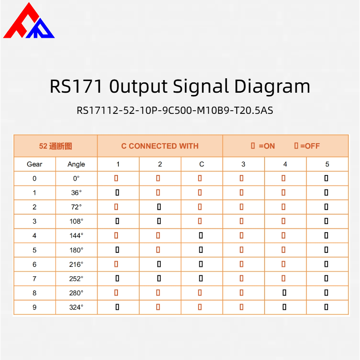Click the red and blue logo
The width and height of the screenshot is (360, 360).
[x=29, y=21]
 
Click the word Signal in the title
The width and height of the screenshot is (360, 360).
[x=201, y=86]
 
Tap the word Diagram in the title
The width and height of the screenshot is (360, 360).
[x=272, y=86]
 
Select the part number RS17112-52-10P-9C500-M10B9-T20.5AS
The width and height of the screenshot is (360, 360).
[x=175, y=110]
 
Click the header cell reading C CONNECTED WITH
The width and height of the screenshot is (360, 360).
[x=160, y=146]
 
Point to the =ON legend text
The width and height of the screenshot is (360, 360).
[x=267, y=146]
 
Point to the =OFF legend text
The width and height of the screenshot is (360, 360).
[x=310, y=146]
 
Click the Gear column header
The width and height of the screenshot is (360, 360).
[x=35, y=164]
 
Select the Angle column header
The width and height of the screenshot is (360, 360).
[x=76, y=164]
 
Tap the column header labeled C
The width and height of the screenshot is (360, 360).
[x=202, y=164]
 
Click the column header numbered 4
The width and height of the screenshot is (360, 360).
[x=285, y=164]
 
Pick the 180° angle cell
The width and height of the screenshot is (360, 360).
[x=76, y=250]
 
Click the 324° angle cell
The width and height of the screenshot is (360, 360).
[x=76, y=307]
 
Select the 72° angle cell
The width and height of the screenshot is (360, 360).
[x=76, y=207]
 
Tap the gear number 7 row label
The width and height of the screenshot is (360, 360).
[x=35, y=279]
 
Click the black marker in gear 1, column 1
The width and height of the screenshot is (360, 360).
[x=117, y=193]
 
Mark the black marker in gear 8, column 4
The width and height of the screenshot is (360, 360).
[x=284, y=293]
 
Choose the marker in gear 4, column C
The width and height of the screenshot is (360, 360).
[x=201, y=235]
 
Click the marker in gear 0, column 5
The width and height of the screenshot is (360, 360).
[x=326, y=178]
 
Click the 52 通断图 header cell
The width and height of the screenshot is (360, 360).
[x=55, y=146]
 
